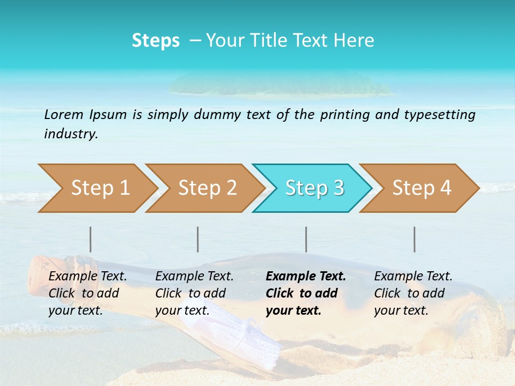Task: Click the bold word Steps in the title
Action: (x=156, y=41)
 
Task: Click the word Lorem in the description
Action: (x=64, y=114)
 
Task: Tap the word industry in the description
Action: (x=70, y=133)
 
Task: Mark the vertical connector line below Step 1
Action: (x=91, y=239)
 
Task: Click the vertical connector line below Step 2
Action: (x=198, y=239)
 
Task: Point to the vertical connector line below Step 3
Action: (x=306, y=239)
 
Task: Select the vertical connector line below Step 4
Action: (x=414, y=239)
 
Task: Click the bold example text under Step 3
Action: (x=305, y=293)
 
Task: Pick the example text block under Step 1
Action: (x=87, y=293)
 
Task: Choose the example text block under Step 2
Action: (x=194, y=293)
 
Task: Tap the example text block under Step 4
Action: (x=413, y=293)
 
